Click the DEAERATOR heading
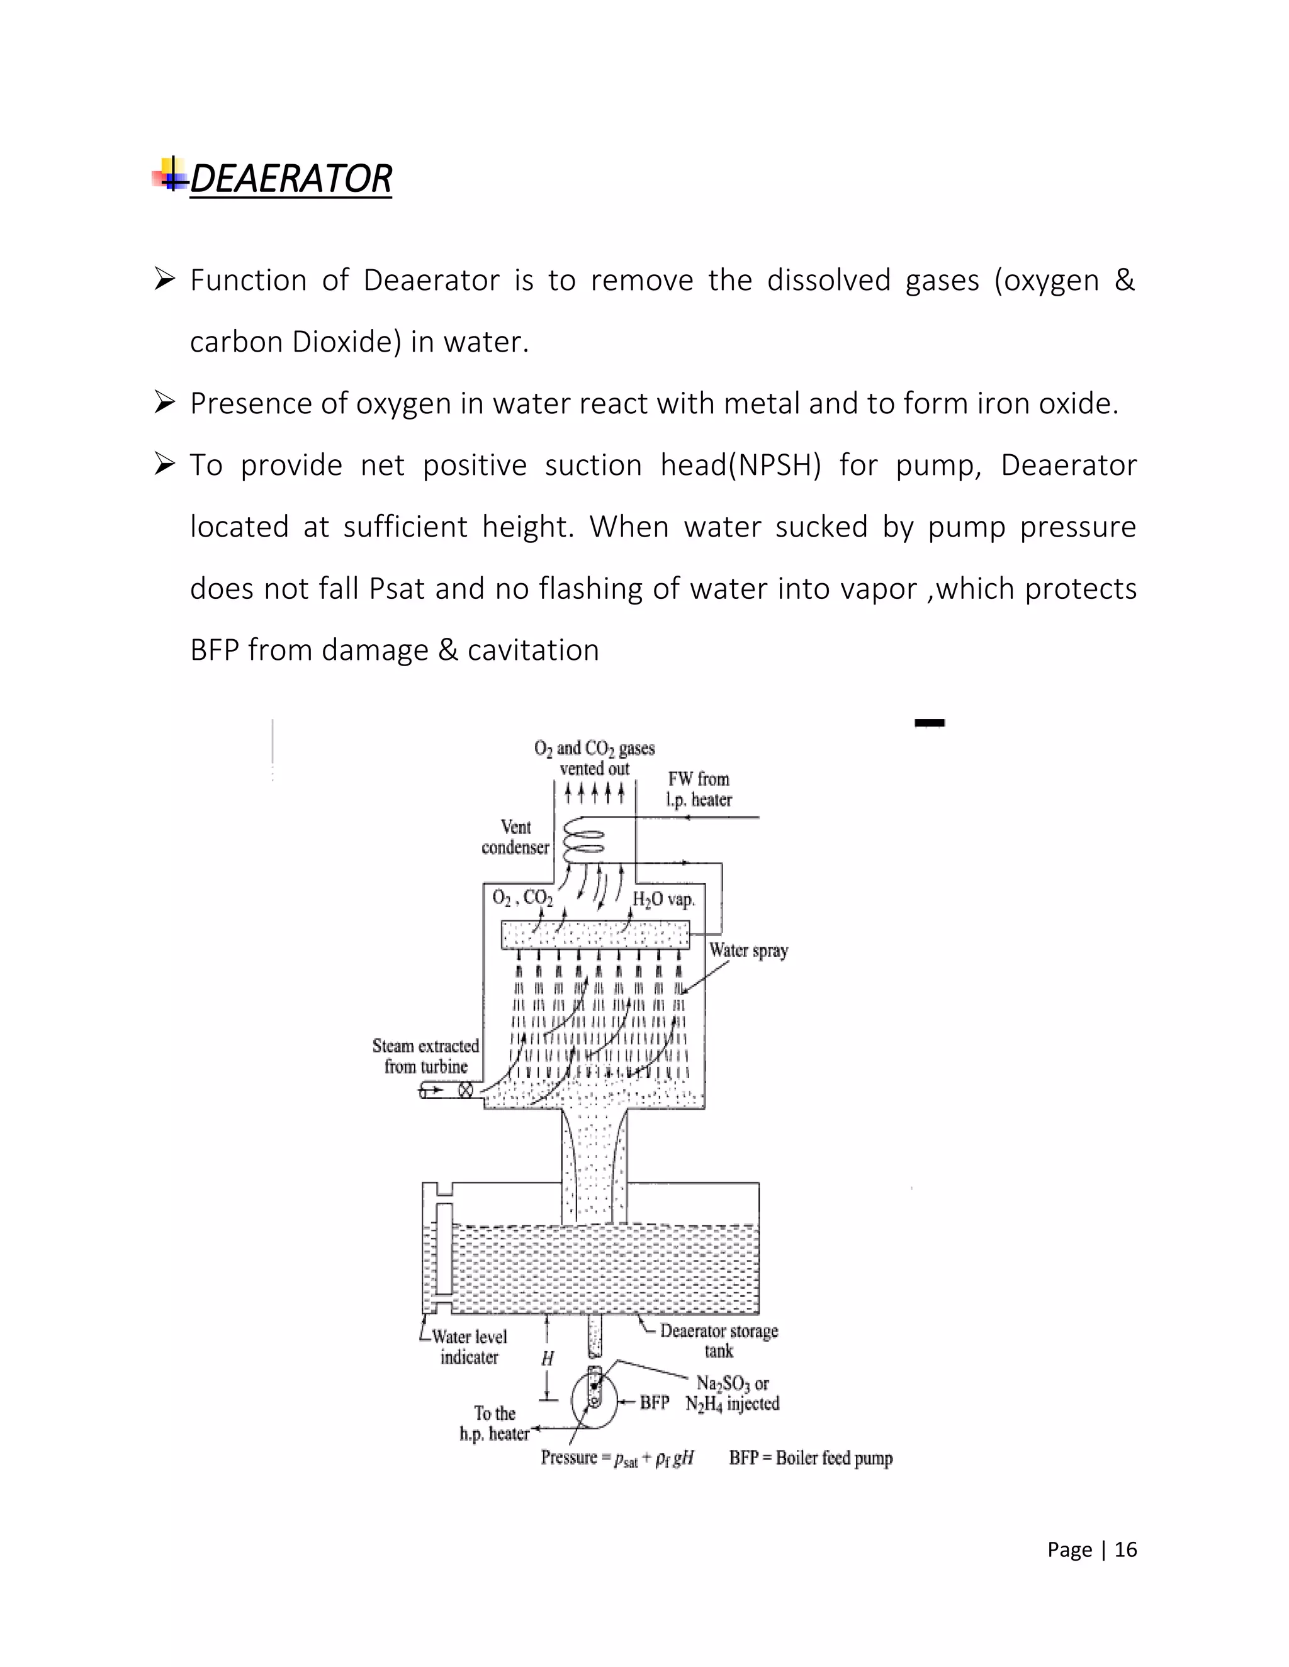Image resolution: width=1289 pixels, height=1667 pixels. point(290,179)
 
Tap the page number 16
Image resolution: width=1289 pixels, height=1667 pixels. point(1125,1549)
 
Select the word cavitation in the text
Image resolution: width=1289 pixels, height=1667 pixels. point(533,650)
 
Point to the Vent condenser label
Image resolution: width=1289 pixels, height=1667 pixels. point(515,837)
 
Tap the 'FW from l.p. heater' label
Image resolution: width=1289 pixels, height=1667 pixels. point(699,789)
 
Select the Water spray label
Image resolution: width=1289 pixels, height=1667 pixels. point(748,951)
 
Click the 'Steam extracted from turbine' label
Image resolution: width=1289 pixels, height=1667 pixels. point(425,1056)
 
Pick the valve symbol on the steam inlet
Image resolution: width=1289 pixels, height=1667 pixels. point(465,1090)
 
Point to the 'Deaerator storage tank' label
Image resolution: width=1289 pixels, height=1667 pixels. point(719,1341)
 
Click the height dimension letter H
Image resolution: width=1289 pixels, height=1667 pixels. point(548,1358)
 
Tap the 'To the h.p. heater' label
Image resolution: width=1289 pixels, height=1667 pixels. point(495,1424)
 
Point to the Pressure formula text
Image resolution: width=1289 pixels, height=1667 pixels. point(617,1458)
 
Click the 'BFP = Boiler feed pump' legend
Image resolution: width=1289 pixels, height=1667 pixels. point(810,1458)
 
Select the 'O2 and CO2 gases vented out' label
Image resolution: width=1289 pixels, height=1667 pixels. point(594,758)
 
